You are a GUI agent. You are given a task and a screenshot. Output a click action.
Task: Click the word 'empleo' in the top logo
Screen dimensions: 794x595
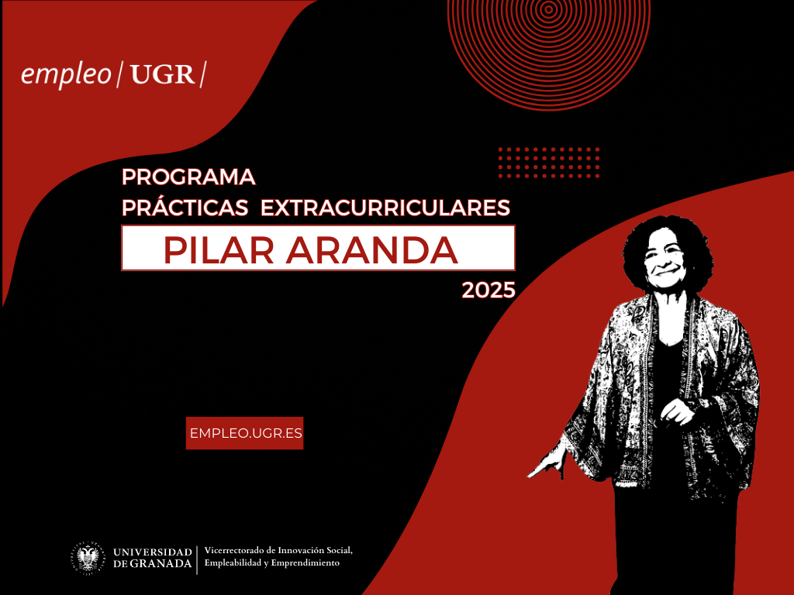click(x=66, y=75)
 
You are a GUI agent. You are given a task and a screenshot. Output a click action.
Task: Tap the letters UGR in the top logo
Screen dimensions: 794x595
click(x=163, y=75)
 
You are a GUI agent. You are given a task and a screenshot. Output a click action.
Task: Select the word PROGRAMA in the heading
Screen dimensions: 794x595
click(x=188, y=177)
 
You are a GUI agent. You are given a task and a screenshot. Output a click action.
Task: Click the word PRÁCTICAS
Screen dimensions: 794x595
click(x=185, y=208)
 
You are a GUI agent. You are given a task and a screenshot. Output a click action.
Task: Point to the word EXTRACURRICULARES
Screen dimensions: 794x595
click(x=385, y=208)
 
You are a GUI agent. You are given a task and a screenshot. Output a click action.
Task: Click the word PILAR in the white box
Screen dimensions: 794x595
click(x=219, y=250)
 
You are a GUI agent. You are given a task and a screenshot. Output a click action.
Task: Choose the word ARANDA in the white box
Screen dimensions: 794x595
click(x=372, y=250)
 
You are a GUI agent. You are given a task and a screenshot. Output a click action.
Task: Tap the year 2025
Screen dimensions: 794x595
click(x=488, y=291)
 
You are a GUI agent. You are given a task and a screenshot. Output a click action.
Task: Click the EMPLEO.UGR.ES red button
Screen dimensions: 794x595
click(x=244, y=433)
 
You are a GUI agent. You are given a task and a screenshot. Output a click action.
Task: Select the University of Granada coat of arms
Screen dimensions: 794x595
click(x=88, y=558)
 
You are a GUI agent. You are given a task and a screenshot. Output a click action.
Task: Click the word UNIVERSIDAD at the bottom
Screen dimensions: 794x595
click(x=153, y=552)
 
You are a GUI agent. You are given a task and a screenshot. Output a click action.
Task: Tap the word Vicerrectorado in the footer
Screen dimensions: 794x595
click(x=234, y=550)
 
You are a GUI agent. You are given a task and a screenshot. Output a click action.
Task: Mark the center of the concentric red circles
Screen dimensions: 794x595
click(x=549, y=9)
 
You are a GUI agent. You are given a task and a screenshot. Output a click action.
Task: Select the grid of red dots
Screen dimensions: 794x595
click(x=549, y=163)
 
